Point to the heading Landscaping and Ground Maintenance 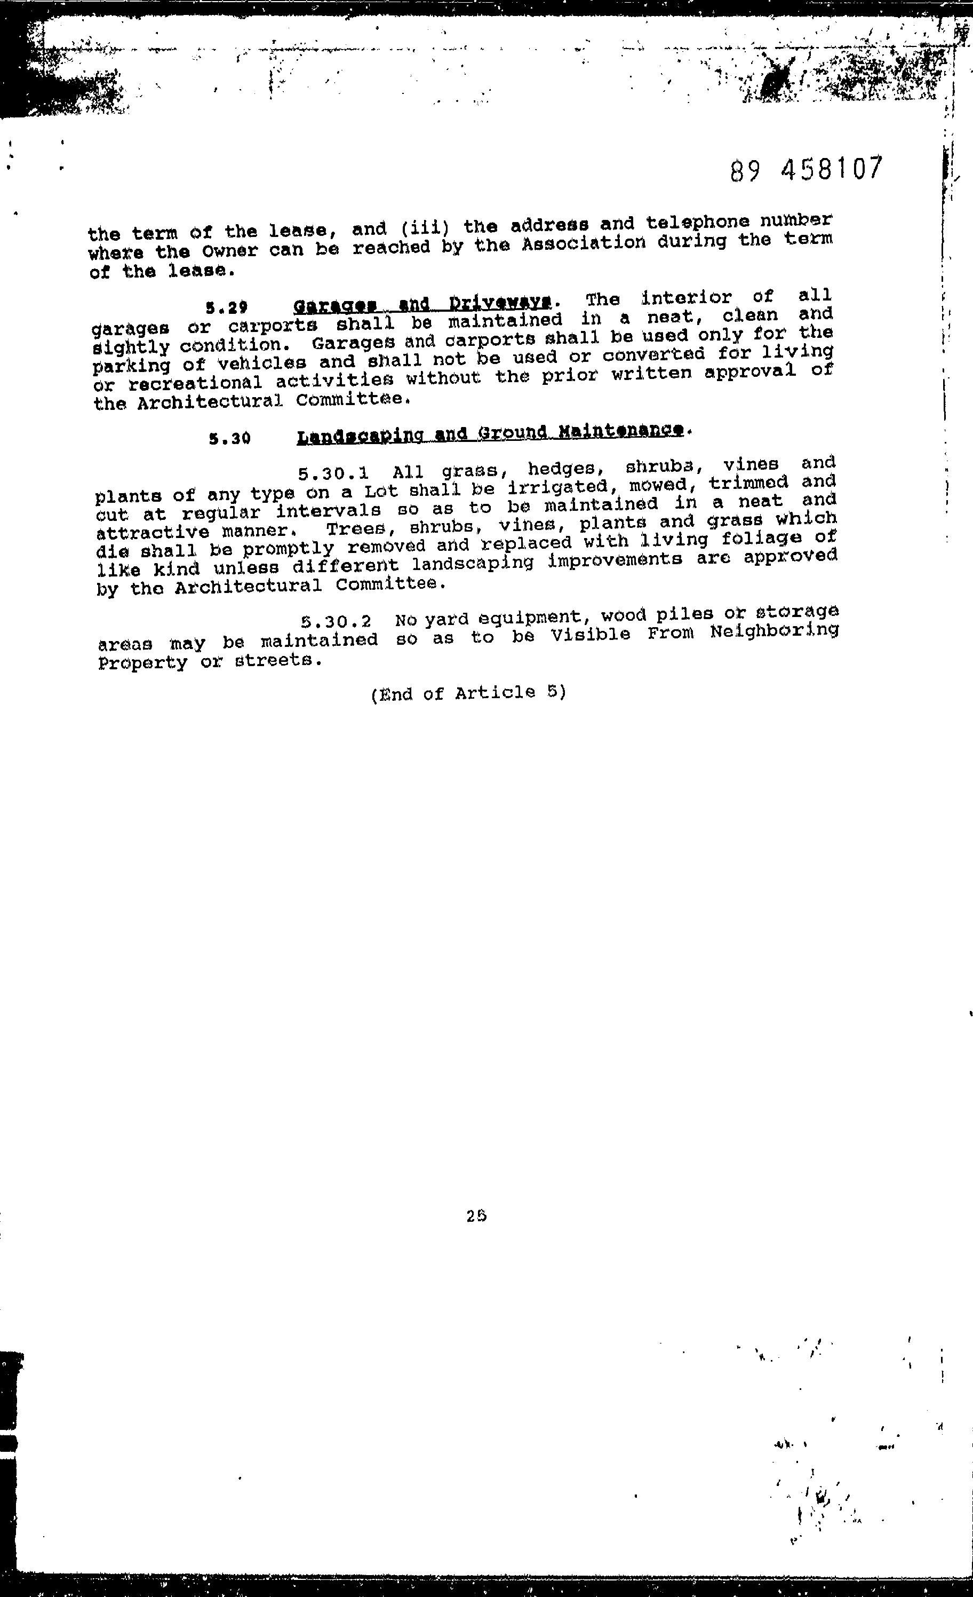click(490, 433)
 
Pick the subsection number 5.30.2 click(336, 621)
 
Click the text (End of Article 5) click(468, 693)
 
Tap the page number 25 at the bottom click(476, 1216)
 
